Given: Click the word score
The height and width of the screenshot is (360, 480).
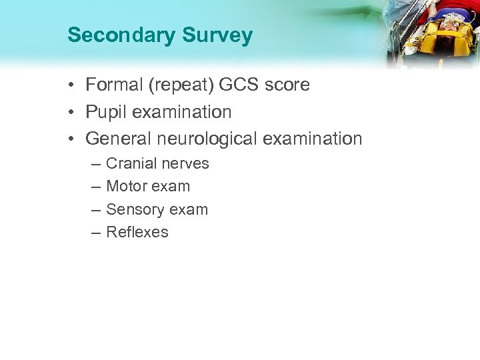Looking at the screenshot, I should pyautogui.click(x=287, y=85).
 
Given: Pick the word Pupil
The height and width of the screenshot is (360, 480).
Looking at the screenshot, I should pyautogui.click(x=106, y=112).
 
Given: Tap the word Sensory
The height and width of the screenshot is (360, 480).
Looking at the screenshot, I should pyautogui.click(x=133, y=209).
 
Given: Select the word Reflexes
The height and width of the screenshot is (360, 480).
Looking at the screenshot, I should pyautogui.click(x=137, y=232).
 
